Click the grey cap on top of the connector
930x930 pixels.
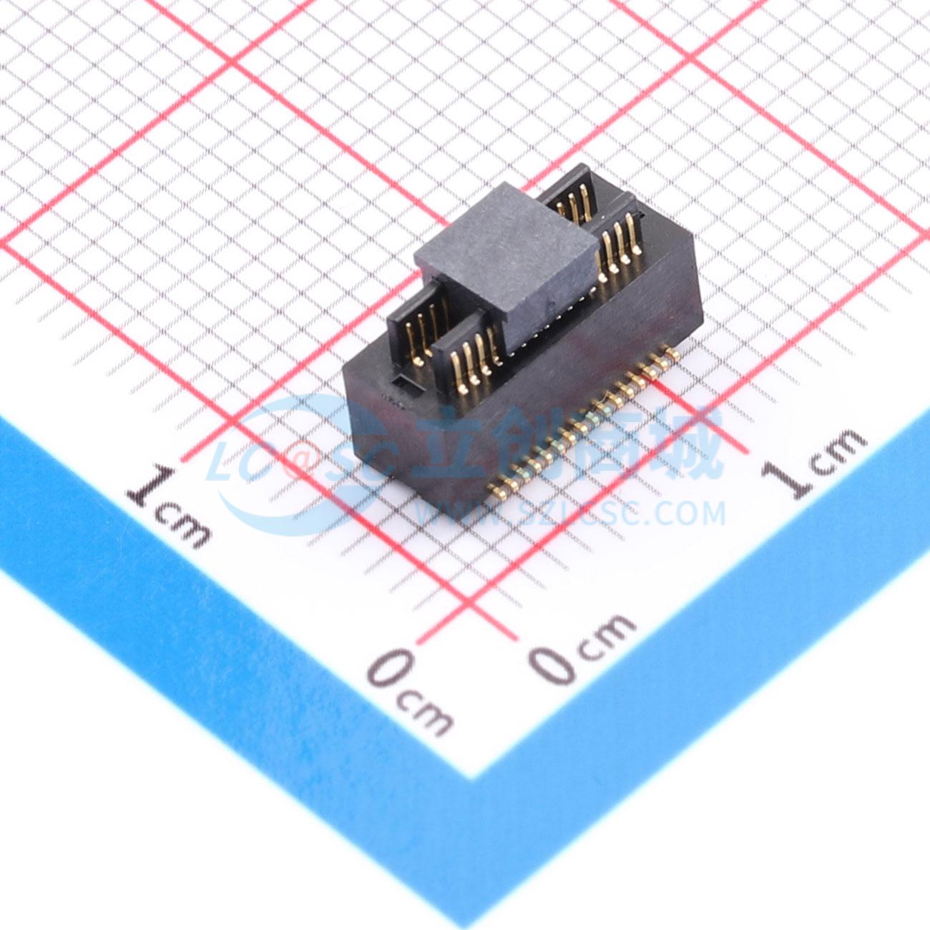pos(506,263)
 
